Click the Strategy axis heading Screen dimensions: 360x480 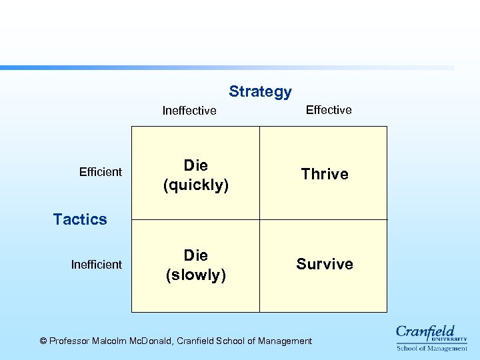260,91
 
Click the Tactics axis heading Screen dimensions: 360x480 80,219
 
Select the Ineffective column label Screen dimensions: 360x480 189,111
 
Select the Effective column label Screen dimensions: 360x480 329,110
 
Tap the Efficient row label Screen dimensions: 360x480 101,172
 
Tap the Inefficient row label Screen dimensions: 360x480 97,265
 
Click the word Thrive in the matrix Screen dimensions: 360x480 325,174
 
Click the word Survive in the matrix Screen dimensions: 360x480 325,264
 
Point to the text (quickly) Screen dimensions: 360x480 196,185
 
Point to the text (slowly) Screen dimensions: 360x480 196,275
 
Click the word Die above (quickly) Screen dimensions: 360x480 196,165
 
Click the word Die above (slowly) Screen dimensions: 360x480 196,255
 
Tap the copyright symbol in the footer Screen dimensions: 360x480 43,341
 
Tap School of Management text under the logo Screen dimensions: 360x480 432,348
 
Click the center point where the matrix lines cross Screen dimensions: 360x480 259,219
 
